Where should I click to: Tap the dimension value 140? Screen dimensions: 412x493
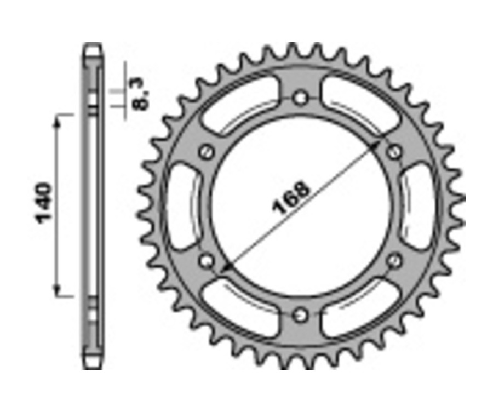coord(44,203)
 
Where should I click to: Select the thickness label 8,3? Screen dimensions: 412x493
coord(140,94)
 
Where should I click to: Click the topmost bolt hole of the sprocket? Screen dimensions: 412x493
coord(300,99)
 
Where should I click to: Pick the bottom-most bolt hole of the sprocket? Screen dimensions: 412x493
coord(300,315)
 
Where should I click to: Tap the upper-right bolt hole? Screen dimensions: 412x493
coord(394,152)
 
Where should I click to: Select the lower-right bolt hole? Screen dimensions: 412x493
coord(394,262)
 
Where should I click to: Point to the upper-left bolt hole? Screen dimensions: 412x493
coord(207,152)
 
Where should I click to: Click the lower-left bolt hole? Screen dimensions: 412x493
coord(207,261)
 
